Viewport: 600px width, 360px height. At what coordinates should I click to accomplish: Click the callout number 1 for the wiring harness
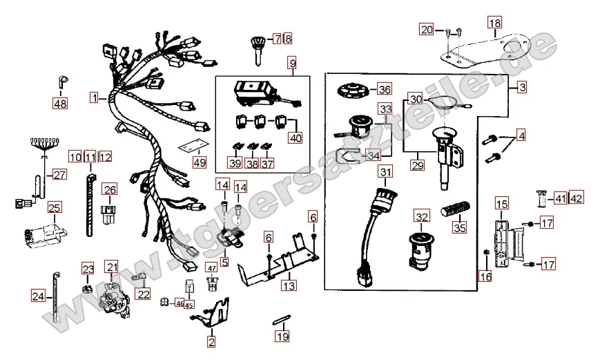click(x=93, y=98)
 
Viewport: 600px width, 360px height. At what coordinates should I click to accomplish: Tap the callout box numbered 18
click(x=494, y=23)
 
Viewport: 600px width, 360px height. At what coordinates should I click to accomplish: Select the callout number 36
click(x=383, y=89)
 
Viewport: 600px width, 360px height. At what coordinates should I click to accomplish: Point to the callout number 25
click(x=55, y=207)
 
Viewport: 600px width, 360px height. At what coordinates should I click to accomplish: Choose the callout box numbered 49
click(x=199, y=163)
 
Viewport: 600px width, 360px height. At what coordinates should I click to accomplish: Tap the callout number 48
click(x=61, y=104)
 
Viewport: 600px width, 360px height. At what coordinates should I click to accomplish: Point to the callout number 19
click(x=280, y=337)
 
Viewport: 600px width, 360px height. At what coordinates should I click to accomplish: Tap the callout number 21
click(x=111, y=267)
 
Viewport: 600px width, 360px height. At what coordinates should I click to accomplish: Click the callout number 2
click(x=211, y=340)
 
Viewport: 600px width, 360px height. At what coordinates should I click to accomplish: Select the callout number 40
click(x=296, y=138)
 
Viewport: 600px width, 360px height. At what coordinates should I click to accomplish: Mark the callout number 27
click(x=60, y=175)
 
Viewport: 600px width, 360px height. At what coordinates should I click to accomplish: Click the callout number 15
click(x=501, y=204)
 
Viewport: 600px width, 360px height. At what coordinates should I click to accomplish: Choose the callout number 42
click(x=576, y=199)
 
